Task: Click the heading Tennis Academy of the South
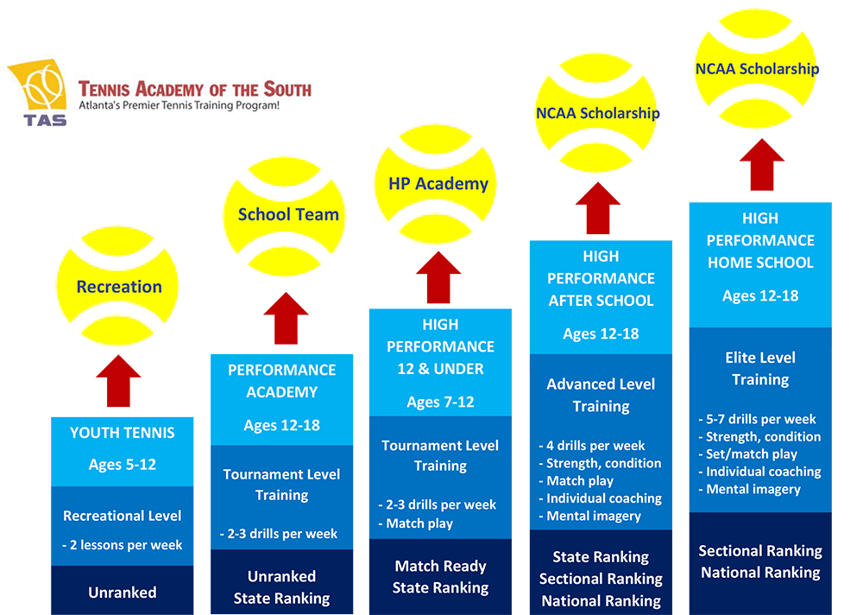point(194,88)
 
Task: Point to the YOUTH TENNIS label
point(122,433)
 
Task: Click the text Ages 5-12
point(122,464)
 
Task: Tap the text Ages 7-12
point(440,402)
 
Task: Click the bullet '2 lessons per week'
point(122,545)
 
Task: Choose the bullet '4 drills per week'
point(595,446)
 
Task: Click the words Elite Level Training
point(759,368)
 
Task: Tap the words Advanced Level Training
point(601,395)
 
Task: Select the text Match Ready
point(440,567)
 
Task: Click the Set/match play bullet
point(747,454)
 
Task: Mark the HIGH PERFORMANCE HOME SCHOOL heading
point(759,240)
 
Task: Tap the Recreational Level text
point(122,516)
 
